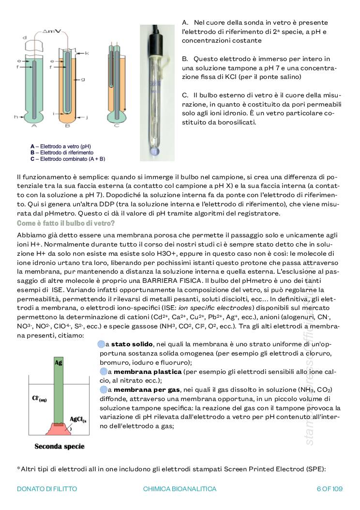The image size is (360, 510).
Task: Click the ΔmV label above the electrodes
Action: click(x=51, y=31)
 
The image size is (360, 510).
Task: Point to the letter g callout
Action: click(x=83, y=79)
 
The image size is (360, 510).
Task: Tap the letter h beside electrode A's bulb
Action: click(x=16, y=117)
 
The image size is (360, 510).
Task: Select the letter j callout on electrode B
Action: click(x=86, y=117)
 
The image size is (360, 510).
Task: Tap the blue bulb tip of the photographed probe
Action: click(x=154, y=152)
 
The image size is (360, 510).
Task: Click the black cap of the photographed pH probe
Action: click(x=156, y=36)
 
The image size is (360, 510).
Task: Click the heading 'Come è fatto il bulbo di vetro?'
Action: click(x=65, y=223)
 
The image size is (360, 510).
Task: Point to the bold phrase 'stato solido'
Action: click(x=132, y=344)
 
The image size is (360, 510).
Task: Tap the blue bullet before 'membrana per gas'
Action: click(x=103, y=389)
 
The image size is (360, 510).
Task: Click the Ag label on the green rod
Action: click(x=59, y=362)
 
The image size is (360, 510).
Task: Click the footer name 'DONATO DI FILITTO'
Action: click(x=46, y=489)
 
